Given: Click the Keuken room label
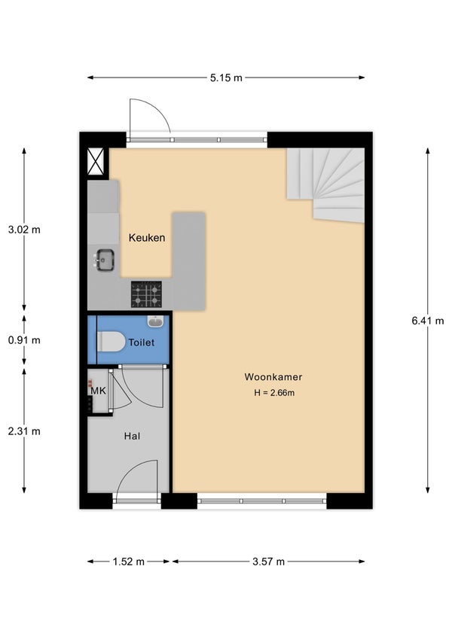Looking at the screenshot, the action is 147,238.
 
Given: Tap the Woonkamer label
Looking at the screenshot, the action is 273,377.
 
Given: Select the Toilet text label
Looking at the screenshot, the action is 142,342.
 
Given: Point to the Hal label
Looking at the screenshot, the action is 132,436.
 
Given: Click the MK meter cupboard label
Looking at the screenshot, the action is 98,391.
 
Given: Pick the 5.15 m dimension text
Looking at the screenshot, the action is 226,78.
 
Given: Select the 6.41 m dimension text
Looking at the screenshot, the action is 428,321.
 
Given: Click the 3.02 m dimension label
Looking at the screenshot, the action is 24,230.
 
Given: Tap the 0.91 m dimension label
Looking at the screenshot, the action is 24,340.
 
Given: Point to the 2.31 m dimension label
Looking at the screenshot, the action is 24,431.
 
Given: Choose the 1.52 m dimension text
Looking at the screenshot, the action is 129,561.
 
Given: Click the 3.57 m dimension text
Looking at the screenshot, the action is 268,561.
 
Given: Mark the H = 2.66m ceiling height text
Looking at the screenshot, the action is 274,393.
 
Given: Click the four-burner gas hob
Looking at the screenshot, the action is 146,294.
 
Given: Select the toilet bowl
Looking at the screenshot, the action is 111,342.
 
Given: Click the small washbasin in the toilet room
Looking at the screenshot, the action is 155,321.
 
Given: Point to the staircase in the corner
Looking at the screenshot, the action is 326,185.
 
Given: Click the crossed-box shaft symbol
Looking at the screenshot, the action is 96,161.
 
